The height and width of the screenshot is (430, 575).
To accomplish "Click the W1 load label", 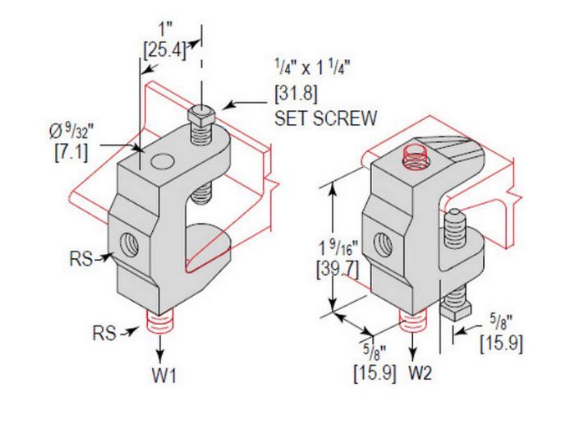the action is point(164,375).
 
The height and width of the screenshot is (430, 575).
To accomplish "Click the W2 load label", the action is point(421,373).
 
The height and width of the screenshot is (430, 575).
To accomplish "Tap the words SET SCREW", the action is point(326,118).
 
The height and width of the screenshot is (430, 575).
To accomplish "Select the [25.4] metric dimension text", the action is point(164,50).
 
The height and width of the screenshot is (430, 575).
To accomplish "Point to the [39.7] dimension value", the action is point(338,270).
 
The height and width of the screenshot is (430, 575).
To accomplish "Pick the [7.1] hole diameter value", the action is point(71,152).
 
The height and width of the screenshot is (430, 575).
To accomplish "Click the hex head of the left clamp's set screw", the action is point(201,114).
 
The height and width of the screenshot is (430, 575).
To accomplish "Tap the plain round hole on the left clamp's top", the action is point(162,162).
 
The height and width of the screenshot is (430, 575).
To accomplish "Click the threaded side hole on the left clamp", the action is point(129,243).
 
